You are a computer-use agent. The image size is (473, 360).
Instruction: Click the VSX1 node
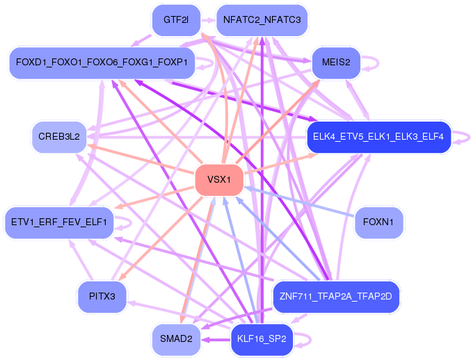tap(219, 179)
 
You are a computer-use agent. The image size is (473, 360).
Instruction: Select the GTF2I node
tap(175, 19)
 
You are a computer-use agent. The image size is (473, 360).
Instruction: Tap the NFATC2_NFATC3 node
tap(262, 19)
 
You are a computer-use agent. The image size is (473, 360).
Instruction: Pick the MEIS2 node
tap(336, 63)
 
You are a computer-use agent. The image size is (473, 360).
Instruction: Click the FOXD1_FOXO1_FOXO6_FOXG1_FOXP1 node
tap(102, 63)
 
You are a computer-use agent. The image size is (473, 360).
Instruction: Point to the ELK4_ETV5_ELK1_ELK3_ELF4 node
tap(378, 136)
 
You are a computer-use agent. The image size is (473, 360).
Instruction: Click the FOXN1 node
tap(378, 222)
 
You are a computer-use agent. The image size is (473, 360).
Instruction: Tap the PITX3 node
tap(102, 297)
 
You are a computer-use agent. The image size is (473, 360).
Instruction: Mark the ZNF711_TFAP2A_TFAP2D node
tap(336, 297)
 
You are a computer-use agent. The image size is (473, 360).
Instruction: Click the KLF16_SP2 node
tap(262, 339)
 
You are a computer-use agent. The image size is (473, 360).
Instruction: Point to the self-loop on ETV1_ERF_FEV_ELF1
tap(127, 222)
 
